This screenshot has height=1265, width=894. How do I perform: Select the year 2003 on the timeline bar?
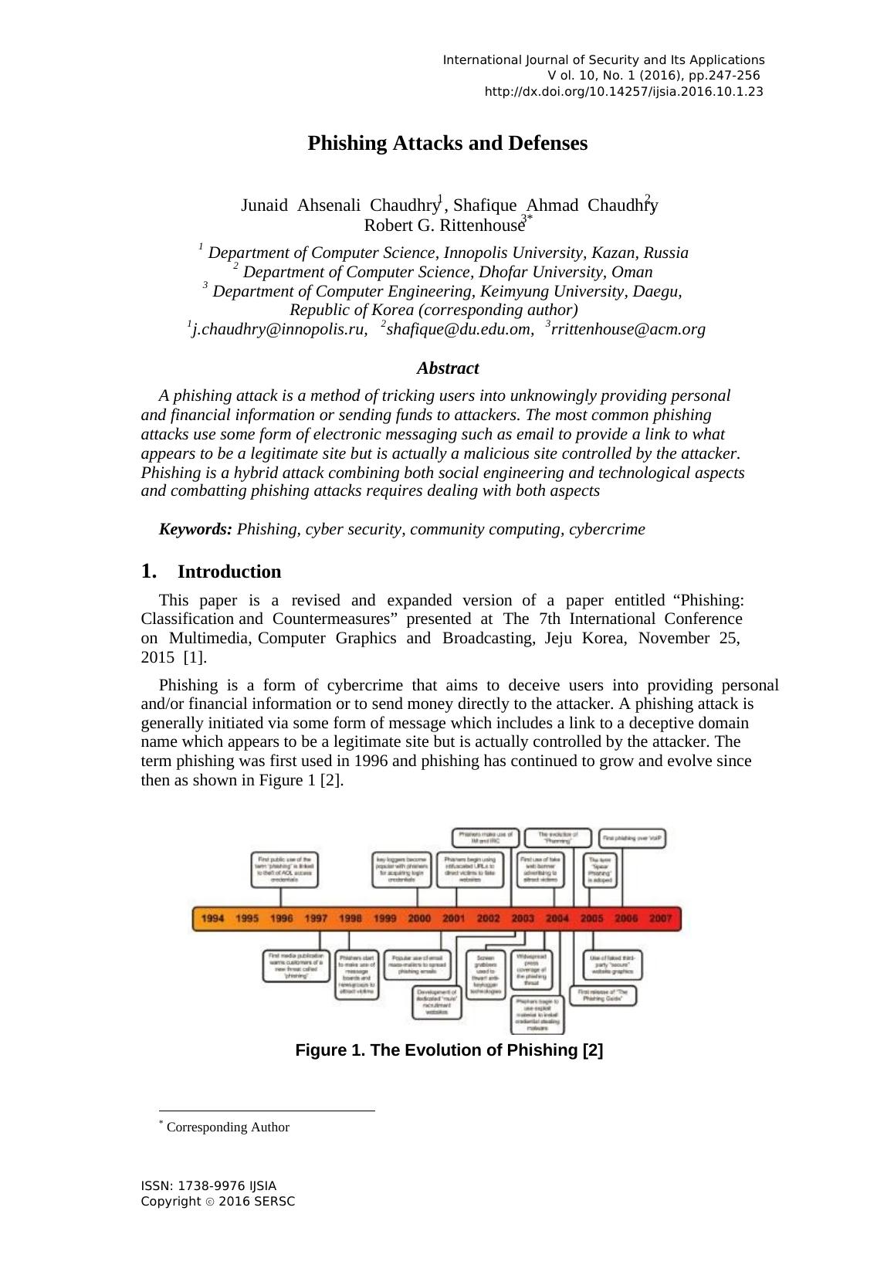(522, 918)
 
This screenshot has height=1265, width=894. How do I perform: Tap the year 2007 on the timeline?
(660, 918)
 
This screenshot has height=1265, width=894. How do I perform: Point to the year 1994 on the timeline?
(212, 918)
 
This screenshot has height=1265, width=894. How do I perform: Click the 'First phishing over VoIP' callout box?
(632, 838)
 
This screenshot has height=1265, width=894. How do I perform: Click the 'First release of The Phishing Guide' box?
(603, 995)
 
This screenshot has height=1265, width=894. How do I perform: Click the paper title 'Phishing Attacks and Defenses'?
(447, 144)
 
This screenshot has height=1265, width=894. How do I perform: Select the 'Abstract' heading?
(448, 368)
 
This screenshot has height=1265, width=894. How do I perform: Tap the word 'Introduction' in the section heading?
(229, 572)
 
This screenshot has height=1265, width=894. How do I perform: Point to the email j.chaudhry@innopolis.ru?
(278, 330)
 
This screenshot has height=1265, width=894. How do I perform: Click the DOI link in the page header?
(624, 92)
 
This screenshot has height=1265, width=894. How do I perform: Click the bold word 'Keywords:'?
(195, 530)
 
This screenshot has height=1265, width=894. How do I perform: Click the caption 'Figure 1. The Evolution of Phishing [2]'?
(449, 1050)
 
